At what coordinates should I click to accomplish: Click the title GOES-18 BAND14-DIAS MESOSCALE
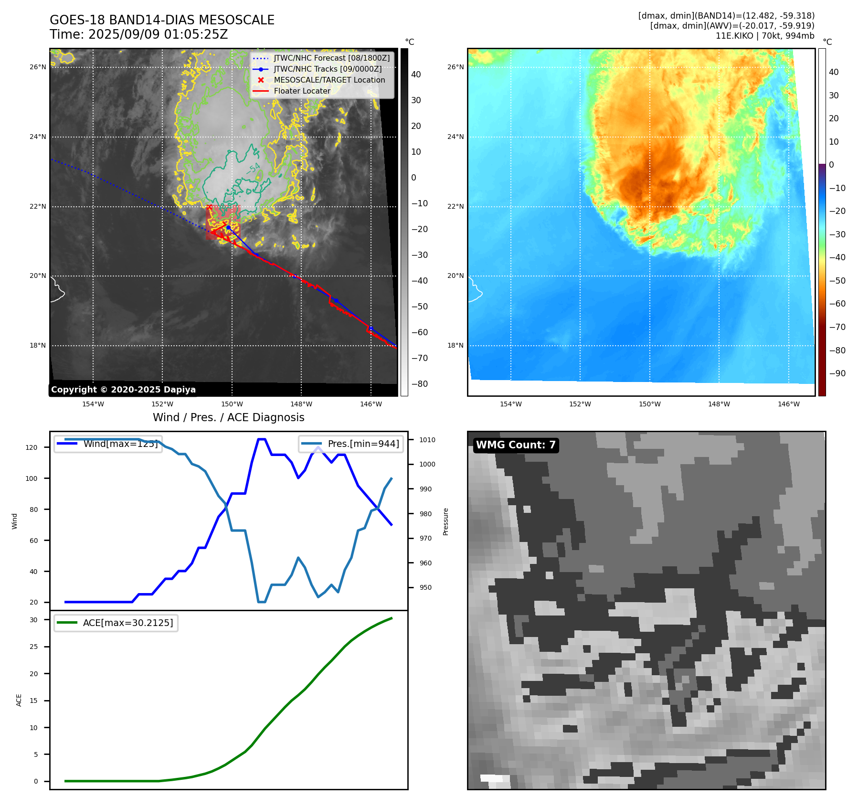tap(162, 20)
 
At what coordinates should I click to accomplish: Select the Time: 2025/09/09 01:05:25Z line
tap(138, 34)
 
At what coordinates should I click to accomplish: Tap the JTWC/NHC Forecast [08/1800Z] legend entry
tap(331, 58)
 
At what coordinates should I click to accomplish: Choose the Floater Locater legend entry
tap(302, 91)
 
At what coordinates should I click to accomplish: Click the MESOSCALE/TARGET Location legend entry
tap(329, 80)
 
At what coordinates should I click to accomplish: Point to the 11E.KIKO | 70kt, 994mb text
tap(765, 36)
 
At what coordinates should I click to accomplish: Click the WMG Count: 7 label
tap(515, 445)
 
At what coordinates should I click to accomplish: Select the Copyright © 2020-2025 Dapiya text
tap(123, 390)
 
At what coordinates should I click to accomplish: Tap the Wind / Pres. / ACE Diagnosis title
tap(228, 417)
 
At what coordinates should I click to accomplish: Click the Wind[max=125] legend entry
tap(120, 444)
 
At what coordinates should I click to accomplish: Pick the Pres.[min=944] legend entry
tap(363, 444)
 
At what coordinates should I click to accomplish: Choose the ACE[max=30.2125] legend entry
tap(127, 623)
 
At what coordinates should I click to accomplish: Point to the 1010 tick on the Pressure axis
tap(427, 440)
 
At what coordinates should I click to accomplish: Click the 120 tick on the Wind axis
tap(32, 447)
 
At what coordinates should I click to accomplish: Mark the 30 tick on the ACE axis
tap(33, 620)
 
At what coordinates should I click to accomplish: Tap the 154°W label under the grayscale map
tap(93, 404)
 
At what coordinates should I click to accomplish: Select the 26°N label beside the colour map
tap(455, 67)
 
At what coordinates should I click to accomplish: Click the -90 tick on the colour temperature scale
tap(837, 373)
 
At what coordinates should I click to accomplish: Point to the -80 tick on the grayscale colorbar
tap(420, 384)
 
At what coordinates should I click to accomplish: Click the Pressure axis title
tap(445, 521)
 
